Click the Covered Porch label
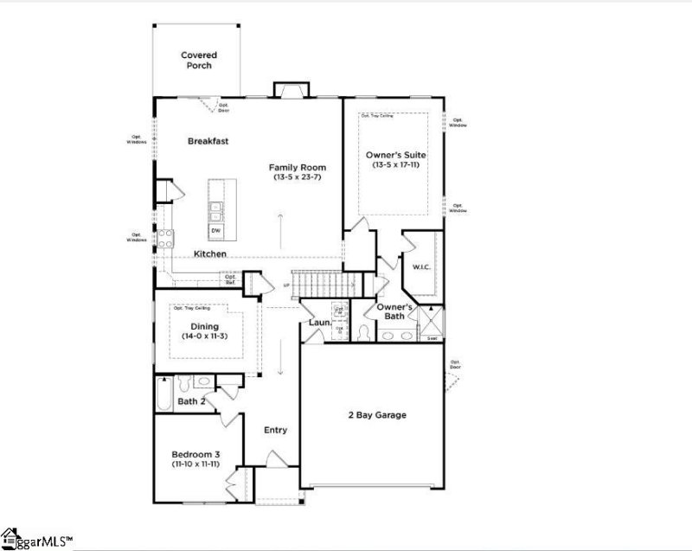[197, 60]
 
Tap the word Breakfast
[208, 140]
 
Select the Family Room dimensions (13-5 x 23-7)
[296, 177]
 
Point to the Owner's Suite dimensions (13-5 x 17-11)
[396, 164]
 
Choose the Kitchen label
[210, 254]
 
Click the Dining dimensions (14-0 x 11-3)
[206, 336]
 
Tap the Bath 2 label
[191, 401]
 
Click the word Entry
[275, 430]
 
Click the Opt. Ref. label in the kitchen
[230, 279]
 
